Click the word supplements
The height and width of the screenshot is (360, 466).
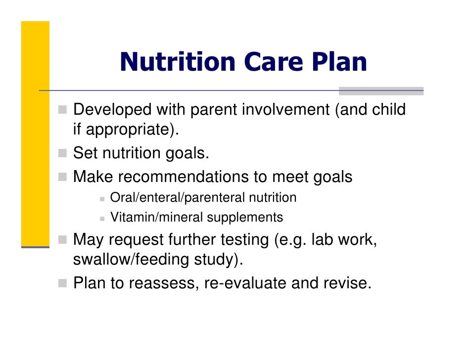tap(245, 217)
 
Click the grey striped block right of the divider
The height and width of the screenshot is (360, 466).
tap(381, 91)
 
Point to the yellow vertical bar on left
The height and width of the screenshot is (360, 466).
tap(35, 134)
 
